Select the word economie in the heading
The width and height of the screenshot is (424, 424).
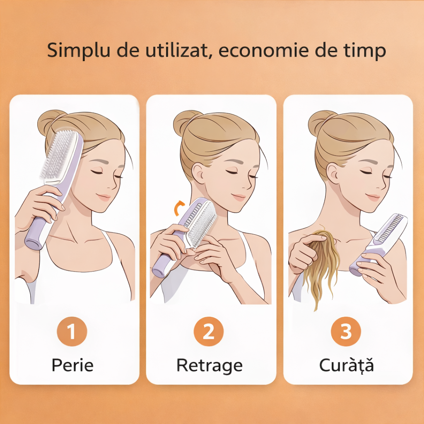(x=263, y=50)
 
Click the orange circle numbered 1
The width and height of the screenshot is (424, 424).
(x=72, y=331)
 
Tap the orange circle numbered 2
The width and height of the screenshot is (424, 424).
(x=209, y=331)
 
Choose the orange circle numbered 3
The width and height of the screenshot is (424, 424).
(x=346, y=331)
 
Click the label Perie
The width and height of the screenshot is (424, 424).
(x=72, y=365)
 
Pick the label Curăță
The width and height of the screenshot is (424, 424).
(x=347, y=365)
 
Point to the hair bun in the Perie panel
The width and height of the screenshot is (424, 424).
(x=50, y=122)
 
